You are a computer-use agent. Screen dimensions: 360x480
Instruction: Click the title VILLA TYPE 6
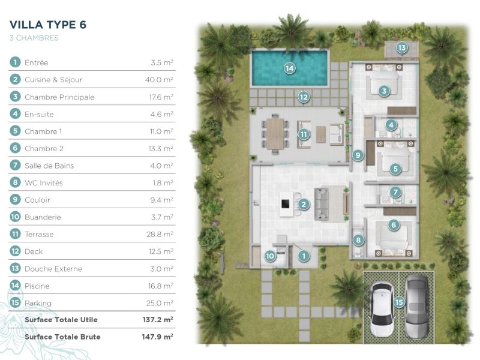[48, 25]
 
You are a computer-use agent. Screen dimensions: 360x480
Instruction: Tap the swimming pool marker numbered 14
[290, 68]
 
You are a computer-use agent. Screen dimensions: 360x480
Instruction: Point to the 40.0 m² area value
[161, 80]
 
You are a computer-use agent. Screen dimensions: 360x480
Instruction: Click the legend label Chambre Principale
[59, 97]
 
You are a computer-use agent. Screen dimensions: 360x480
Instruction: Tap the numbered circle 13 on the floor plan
[401, 47]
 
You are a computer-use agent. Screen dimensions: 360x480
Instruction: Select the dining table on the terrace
[277, 132]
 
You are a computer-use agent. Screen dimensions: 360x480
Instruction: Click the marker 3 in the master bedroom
[384, 91]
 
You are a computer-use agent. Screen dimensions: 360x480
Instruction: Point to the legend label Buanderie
[43, 217]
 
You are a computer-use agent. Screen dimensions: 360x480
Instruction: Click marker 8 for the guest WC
[359, 240]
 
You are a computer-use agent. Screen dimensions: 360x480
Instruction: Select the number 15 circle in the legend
[15, 303]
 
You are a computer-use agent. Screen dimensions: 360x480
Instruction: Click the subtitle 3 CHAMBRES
[34, 38]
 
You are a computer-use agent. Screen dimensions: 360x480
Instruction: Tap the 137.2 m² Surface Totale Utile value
[158, 320]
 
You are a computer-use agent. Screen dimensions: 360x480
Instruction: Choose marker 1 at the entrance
[304, 256]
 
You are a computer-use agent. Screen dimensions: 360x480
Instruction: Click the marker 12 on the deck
[304, 96]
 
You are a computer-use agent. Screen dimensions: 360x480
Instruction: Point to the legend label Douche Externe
[53, 269]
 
